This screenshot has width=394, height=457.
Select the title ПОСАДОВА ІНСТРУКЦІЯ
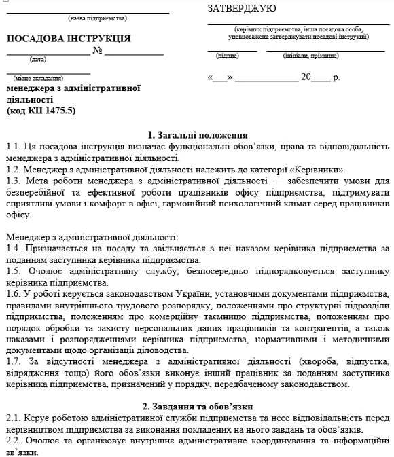click(69, 38)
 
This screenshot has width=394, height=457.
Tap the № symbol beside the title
click(97, 51)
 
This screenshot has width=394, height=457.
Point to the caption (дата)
click(38, 59)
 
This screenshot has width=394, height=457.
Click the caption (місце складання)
click(38, 78)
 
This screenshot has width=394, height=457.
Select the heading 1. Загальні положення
click(197, 134)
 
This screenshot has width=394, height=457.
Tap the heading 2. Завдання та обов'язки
click(197, 406)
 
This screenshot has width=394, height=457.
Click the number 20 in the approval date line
click(306, 77)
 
